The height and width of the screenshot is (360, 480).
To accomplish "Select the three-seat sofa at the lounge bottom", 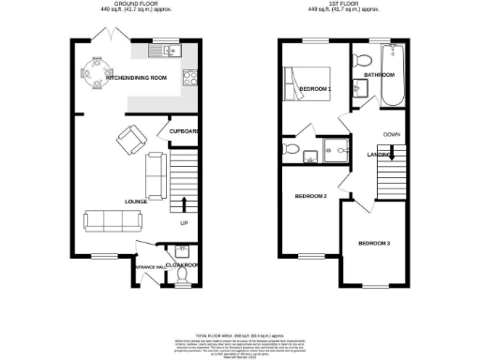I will [112, 221].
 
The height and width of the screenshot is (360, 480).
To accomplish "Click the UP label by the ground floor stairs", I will [184, 223].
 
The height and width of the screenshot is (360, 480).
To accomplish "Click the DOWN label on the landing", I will [391, 134].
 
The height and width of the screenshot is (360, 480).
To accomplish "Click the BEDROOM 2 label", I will [310, 196].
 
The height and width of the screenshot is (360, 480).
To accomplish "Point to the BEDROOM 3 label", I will [373, 244].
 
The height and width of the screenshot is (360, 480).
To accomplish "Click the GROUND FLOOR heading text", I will [135, 4].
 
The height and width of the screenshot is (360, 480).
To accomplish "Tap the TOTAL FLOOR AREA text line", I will [239, 335].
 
